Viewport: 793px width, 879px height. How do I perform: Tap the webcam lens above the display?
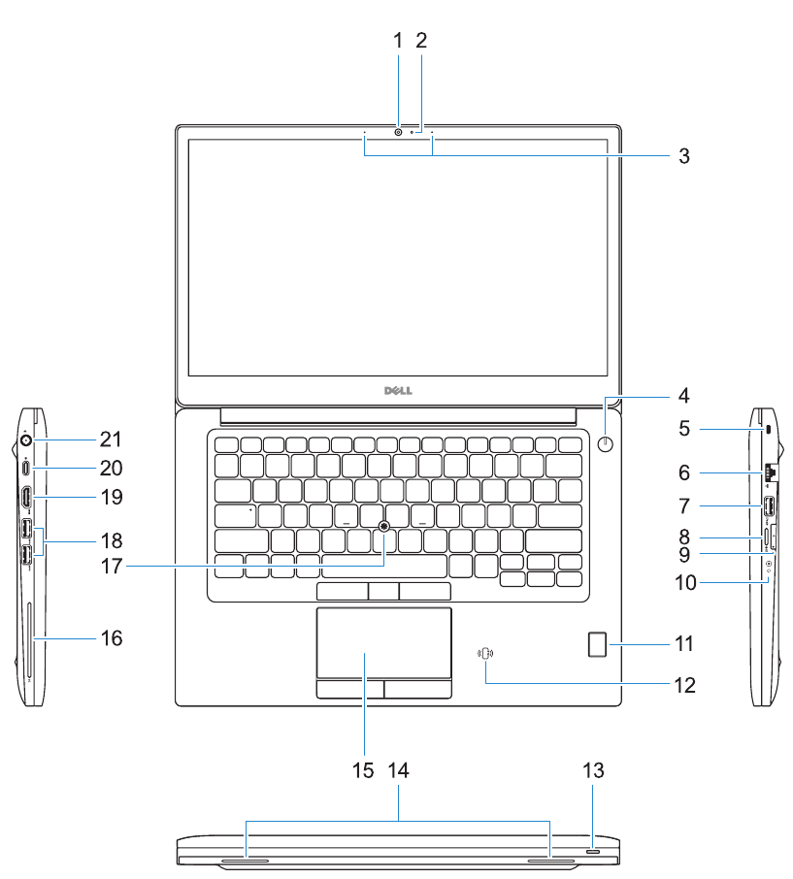[399, 131]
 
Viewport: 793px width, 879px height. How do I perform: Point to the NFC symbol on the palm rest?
[485, 655]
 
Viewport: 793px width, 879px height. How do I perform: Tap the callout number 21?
[111, 439]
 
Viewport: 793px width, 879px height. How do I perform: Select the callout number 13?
[593, 771]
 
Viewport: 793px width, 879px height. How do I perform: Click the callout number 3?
[684, 155]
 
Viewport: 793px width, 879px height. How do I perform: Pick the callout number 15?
[363, 771]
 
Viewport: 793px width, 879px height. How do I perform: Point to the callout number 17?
[111, 565]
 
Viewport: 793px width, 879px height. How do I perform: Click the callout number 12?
[684, 685]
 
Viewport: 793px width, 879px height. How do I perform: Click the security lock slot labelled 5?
[768, 428]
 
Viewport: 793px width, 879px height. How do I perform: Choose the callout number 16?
[112, 638]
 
